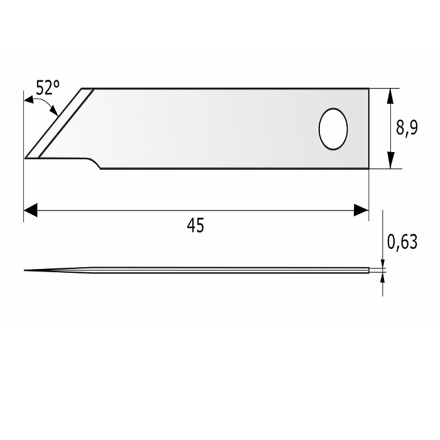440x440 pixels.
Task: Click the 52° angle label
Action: pos(48,87)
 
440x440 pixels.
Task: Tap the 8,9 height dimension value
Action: pos(407,128)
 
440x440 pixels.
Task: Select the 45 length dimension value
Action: pos(195,225)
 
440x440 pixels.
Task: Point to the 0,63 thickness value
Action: pos(402,242)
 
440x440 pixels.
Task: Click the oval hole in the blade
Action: pos(333,129)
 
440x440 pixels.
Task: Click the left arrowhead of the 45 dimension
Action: pos(31,210)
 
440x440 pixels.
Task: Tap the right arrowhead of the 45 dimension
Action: pos(361,210)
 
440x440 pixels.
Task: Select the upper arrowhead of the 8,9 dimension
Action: pos(390,97)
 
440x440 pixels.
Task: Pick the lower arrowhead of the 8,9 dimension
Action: pos(390,160)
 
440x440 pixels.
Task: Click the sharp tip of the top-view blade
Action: pos(25,158)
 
